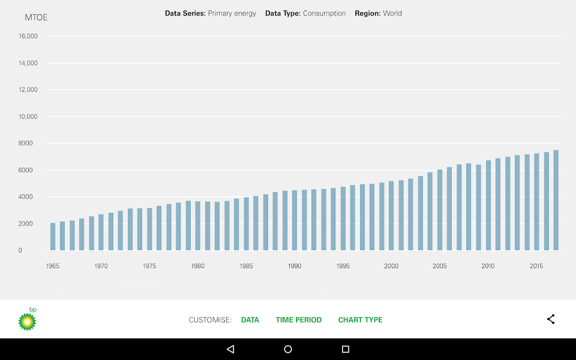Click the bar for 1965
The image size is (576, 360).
pos(53,237)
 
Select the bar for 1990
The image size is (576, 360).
pos(295,220)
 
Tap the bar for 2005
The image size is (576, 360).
pos(440,210)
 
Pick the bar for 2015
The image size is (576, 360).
pos(536,202)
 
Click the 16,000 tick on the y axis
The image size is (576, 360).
pos(28,36)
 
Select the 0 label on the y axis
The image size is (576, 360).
pos(20,250)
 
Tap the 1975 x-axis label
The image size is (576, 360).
pos(149,266)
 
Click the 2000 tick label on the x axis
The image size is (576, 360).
pos(391,266)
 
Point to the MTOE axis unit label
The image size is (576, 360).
pos(36,18)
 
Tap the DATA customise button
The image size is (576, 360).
pos(250,320)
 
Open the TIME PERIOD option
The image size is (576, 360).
pos(299,320)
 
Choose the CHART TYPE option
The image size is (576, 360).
pos(360,320)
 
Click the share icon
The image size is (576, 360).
pos(551,319)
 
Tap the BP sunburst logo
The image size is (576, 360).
pos(27,320)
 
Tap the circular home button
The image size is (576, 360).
pos(288,349)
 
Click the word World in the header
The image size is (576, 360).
pos(392,13)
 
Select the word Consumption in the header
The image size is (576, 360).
pos(324,13)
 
